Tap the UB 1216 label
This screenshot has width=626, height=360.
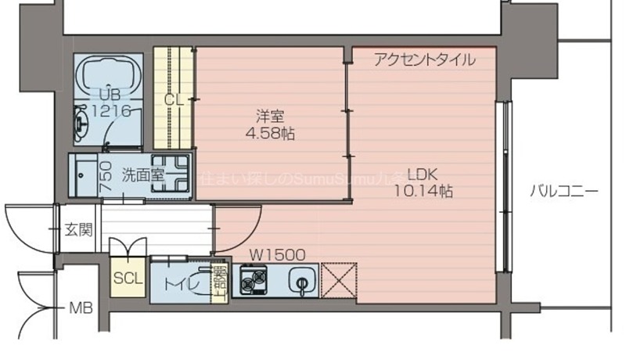tap(110, 103)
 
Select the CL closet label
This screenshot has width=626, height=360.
tap(173, 99)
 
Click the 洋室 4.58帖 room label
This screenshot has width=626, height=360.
tap(268, 124)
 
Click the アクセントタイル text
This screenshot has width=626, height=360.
tap(423, 59)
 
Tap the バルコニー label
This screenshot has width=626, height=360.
tap(563, 190)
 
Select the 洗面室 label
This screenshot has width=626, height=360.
tap(143, 175)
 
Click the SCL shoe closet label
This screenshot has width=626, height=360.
tap(128, 279)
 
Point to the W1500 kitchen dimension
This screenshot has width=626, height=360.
tap(277, 254)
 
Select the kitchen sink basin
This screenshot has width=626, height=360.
tap(301, 279)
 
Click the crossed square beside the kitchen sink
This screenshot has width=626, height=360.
tap(339, 281)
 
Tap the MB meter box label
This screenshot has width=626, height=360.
tap(81, 308)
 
